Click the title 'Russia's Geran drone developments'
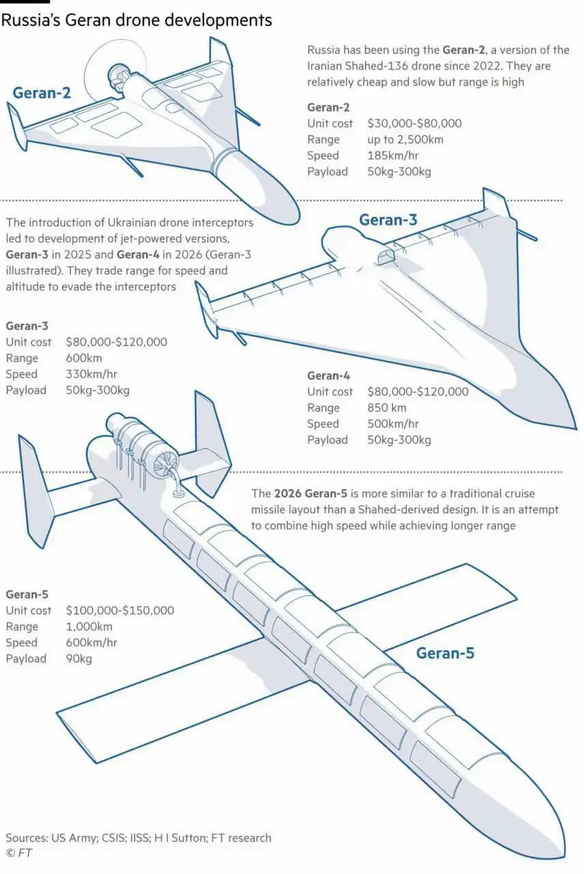tap(136, 20)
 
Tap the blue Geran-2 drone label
tap(42, 94)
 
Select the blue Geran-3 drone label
tap(388, 220)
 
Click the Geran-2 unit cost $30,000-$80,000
tap(414, 124)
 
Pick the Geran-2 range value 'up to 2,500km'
tap(405, 140)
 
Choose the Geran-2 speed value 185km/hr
tap(393, 155)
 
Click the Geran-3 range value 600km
tap(84, 358)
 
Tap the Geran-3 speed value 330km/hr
tap(91, 373)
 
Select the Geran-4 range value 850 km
tap(387, 408)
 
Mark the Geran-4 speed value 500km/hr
tap(393, 424)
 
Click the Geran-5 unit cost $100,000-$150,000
tap(120, 610)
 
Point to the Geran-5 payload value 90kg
tap(78, 659)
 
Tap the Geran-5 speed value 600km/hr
tap(91, 643)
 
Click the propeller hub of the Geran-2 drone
tap(115, 72)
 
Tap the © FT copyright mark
tap(19, 853)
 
